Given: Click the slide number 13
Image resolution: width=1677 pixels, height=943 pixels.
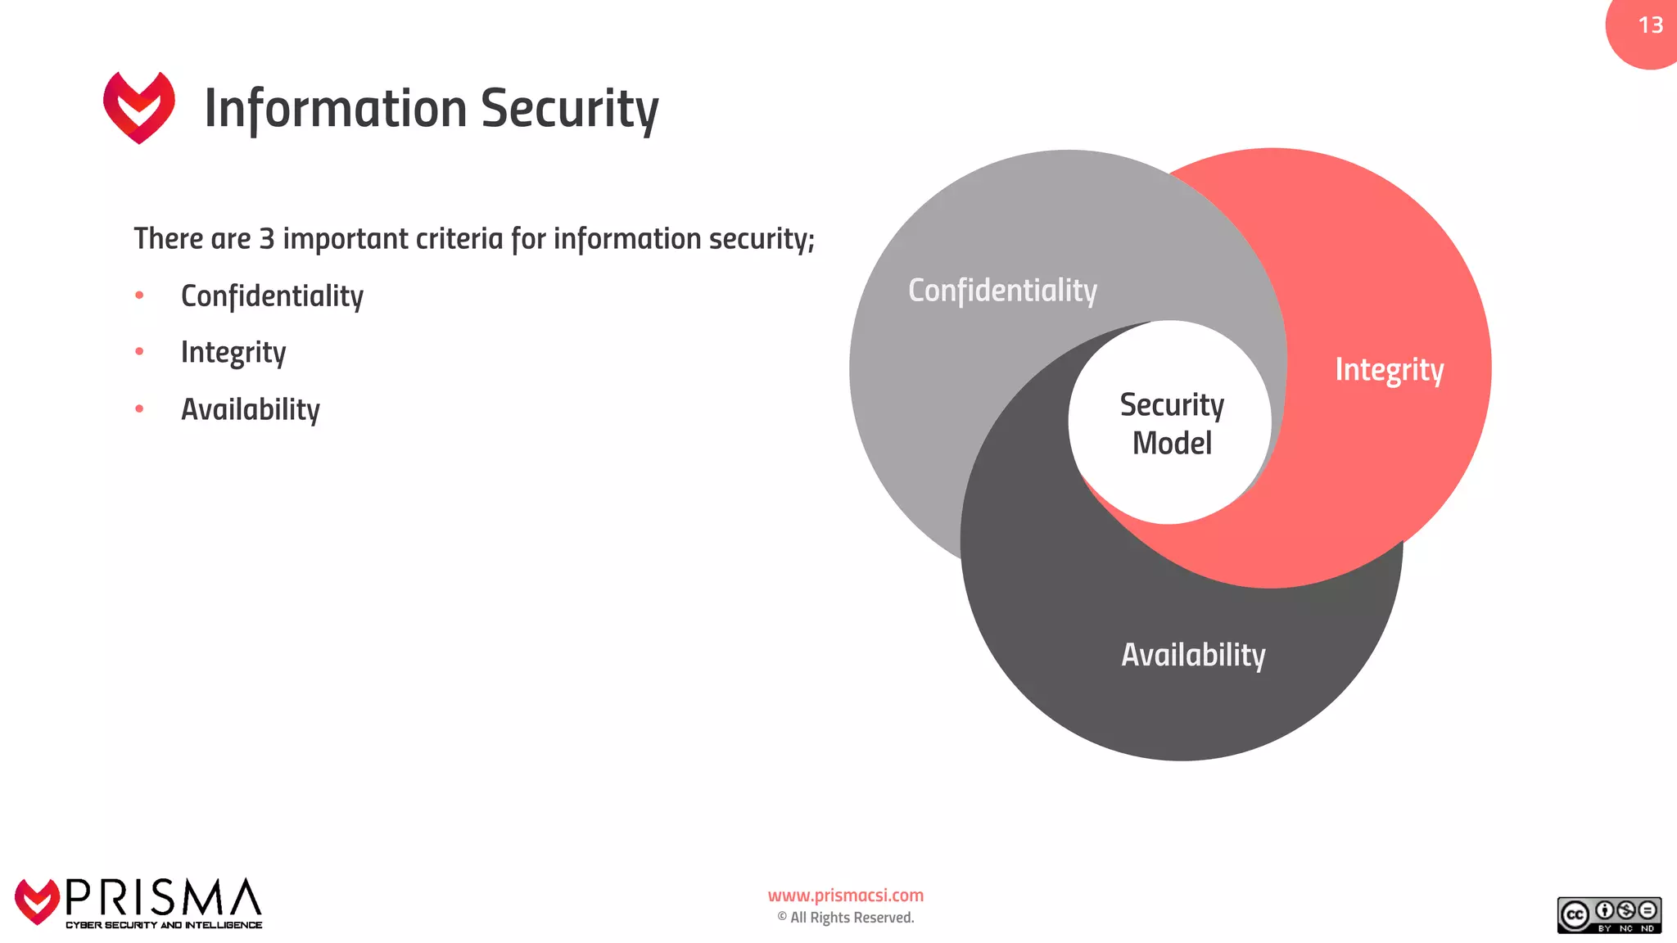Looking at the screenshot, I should tap(1650, 25).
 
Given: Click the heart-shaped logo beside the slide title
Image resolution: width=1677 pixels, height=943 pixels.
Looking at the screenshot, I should tap(139, 107).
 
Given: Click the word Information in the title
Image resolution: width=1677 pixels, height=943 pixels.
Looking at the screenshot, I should tap(336, 109).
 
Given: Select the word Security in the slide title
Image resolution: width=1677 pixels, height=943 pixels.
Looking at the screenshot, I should tap(570, 109).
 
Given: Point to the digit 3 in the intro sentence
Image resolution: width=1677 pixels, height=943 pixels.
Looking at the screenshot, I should tap(267, 239).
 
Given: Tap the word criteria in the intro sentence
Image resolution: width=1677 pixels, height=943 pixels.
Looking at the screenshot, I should tap(459, 239).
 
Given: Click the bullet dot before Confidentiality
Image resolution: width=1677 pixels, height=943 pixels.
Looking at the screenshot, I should tap(139, 295).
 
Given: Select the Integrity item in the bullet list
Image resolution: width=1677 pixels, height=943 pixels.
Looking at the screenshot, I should tap(233, 353).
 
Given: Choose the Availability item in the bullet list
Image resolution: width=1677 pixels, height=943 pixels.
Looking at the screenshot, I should tap(251, 409).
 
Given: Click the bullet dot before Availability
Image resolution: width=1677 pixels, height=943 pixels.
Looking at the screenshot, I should tap(139, 408).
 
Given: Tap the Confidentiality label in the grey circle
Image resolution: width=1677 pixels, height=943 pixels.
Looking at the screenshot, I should tap(1002, 291).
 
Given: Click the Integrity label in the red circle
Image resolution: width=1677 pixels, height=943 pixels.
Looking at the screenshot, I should tap(1390, 370).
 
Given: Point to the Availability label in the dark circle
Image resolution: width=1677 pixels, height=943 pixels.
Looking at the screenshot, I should tap(1193, 655).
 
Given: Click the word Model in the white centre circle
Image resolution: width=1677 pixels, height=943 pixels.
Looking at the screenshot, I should tap(1172, 444).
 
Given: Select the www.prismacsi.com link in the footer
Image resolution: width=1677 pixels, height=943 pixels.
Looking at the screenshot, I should tap(846, 896).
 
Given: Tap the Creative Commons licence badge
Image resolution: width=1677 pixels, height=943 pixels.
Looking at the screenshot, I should tap(1609, 915).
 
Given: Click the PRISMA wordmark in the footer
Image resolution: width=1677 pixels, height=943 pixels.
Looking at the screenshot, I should tap(164, 898).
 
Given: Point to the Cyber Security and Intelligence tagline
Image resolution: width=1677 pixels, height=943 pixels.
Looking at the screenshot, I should tap(164, 925).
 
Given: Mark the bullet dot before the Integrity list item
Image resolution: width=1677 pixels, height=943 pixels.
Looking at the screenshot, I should tap(139, 351).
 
